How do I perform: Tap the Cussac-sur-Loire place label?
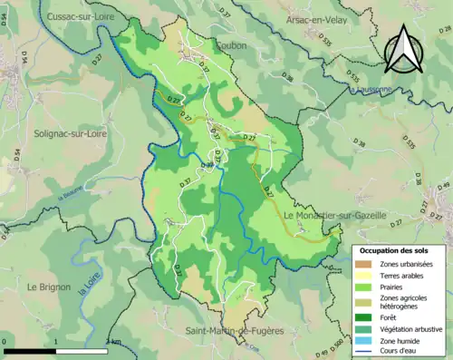[x=62, y=16]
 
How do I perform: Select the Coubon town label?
[x=231, y=44]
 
